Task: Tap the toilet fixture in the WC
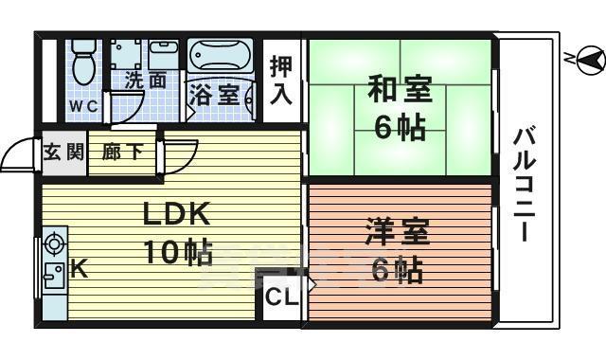point(82,63)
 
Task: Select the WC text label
point(81,105)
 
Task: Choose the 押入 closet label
point(281,81)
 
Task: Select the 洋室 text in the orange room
point(399,233)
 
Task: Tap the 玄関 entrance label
point(63,152)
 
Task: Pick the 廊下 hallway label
point(123,152)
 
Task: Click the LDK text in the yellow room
point(175,215)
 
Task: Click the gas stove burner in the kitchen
point(53,243)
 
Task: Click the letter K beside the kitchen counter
point(80,270)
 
